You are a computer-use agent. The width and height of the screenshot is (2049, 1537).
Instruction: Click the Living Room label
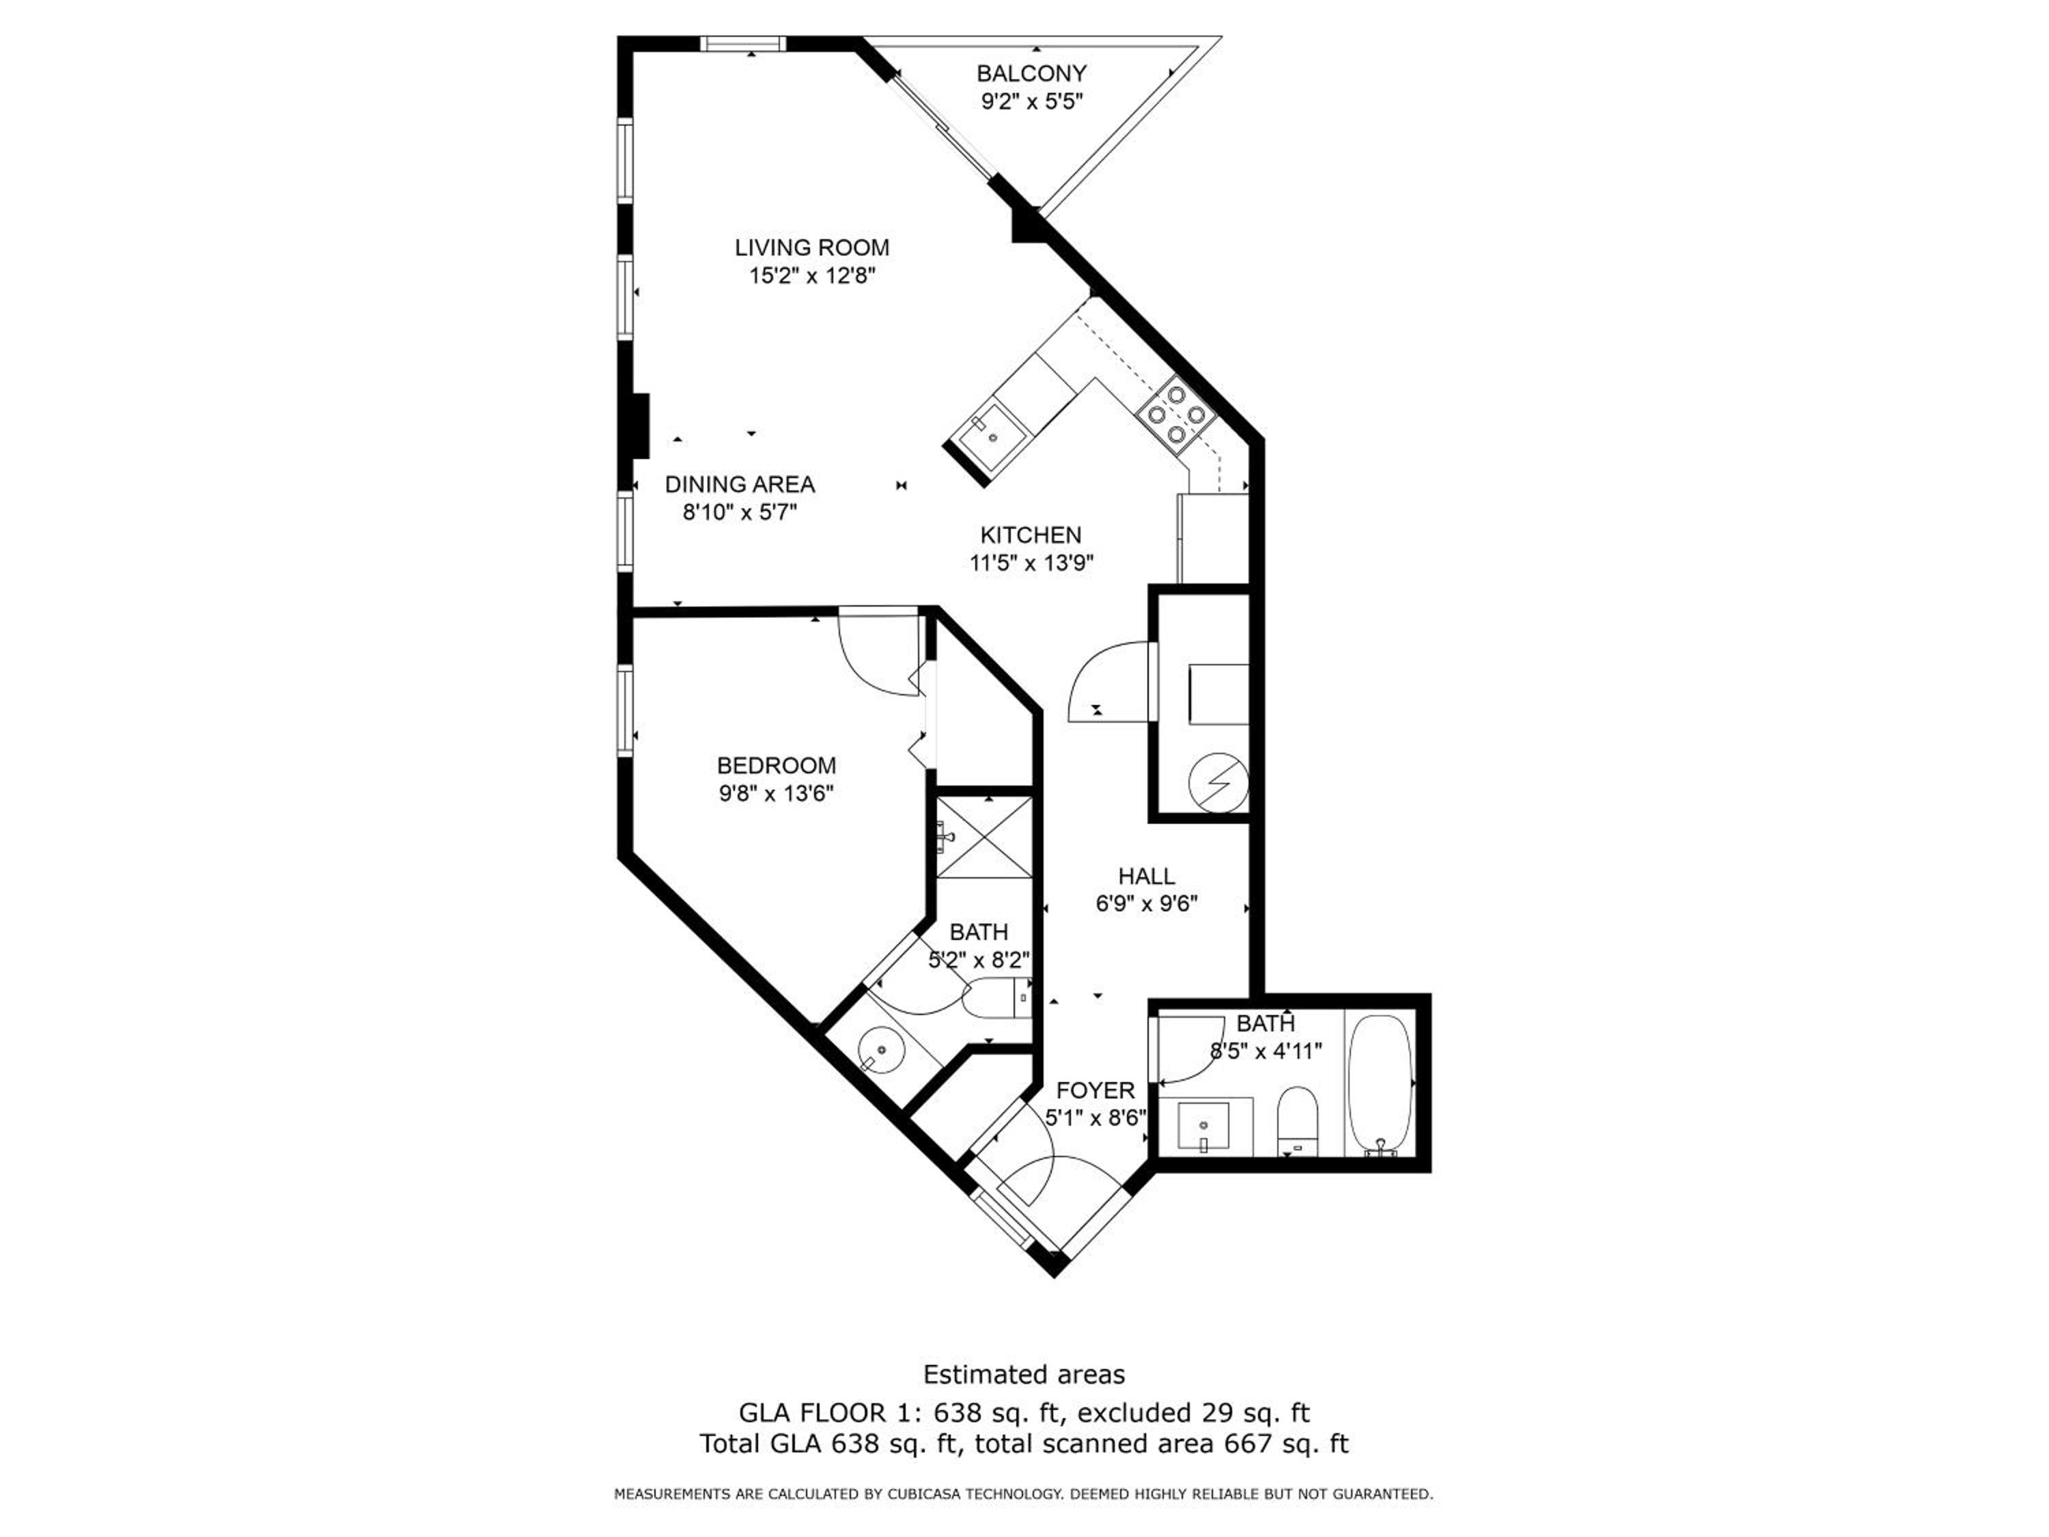(x=811, y=247)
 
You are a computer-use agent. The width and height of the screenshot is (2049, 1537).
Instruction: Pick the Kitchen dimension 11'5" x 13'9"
(x=1031, y=562)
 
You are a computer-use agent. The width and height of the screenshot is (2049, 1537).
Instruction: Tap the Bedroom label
(x=777, y=765)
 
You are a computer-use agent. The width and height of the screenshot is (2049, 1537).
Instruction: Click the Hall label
(x=1147, y=876)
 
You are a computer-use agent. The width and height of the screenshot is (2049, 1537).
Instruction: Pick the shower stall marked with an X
(x=984, y=837)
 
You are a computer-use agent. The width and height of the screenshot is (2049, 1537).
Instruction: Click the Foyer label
(x=1095, y=1090)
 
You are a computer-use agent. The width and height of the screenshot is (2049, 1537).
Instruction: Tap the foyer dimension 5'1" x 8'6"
(x=1096, y=1118)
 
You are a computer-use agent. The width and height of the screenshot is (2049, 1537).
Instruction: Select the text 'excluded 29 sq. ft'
(x=1194, y=1413)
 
